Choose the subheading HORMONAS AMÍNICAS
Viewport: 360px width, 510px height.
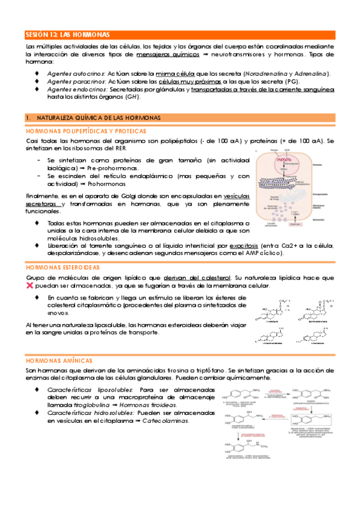(58, 360)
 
